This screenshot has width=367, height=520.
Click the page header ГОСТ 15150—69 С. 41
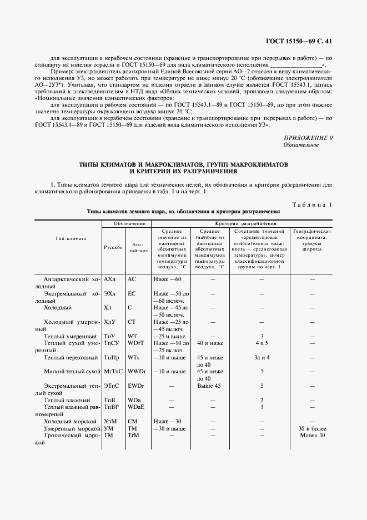tap(300, 41)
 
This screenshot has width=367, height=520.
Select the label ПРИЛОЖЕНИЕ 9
tap(308, 138)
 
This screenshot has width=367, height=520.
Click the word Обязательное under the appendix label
tap(301, 145)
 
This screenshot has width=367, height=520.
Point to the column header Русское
tap(113, 247)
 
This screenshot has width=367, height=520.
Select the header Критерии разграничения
tap(245, 223)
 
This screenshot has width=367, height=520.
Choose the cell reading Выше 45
tap(209, 386)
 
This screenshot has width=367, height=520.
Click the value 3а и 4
tap(262, 357)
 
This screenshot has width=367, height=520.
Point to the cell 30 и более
tap(311, 429)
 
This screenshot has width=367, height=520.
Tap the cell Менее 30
tap(311, 436)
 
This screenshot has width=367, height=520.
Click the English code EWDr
tap(136, 386)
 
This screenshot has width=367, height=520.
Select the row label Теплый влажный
tap(67, 400)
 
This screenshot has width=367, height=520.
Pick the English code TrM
tap(133, 436)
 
